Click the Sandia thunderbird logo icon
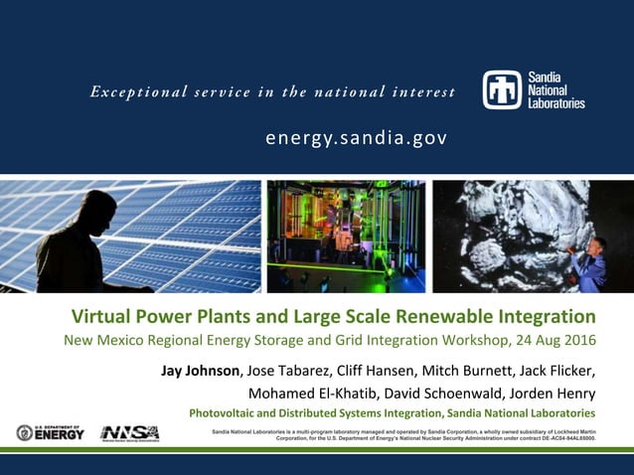[501, 89]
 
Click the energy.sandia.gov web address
[356, 136]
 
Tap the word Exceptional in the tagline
[133, 92]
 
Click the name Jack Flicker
[557, 371]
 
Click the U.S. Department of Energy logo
[50, 432]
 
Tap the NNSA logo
[129, 432]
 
